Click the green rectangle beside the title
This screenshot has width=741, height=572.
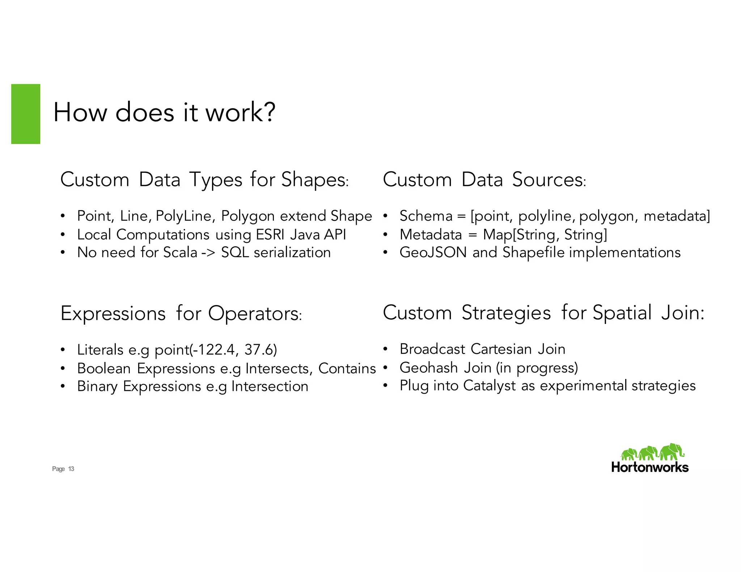tap(26, 114)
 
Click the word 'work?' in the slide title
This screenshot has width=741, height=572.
tap(241, 112)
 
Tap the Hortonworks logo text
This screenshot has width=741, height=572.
tap(650, 467)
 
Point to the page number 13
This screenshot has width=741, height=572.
tap(71, 469)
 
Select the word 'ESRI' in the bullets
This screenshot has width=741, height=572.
tap(270, 235)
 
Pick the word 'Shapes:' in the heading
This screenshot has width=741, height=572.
tap(315, 180)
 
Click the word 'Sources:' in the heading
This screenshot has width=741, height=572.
tap(549, 180)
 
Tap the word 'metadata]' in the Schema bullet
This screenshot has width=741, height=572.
tap(677, 216)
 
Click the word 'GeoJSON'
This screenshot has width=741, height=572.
tap(433, 252)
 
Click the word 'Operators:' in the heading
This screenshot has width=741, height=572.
tap(255, 313)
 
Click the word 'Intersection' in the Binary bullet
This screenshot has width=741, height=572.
tap(270, 387)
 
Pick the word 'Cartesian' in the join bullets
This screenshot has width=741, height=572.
tap(501, 349)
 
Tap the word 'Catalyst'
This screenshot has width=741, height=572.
tap(489, 386)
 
